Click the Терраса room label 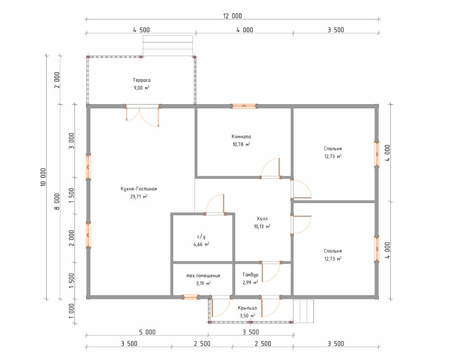(142, 80)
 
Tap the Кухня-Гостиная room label (138, 189)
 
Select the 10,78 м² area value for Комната (241, 144)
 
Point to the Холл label (262, 218)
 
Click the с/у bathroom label (201, 236)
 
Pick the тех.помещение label (203, 276)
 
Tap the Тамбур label (250, 275)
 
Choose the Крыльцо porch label (248, 308)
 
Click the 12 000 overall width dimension (232, 16)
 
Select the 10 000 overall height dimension (44, 177)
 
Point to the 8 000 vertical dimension (57, 201)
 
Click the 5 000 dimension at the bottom (147, 332)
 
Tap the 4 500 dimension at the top (142, 30)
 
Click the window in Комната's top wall (244, 106)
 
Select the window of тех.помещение (190, 297)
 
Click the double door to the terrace (142, 116)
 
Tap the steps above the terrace (168, 45)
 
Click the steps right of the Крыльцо (303, 311)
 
